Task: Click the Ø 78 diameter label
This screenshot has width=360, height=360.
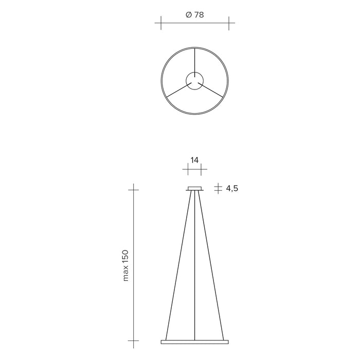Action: click(195, 15)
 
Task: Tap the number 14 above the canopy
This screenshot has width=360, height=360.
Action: click(194, 160)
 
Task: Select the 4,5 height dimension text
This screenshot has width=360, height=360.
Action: click(232, 189)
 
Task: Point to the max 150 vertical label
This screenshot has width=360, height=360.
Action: click(125, 265)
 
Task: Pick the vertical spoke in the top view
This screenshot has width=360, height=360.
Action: click(195, 63)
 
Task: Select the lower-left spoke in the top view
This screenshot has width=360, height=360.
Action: click(179, 90)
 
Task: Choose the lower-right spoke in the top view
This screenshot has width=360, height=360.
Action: click(210, 90)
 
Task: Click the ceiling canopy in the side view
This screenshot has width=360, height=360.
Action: click(195, 189)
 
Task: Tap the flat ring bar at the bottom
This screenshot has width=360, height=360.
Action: click(195, 342)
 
